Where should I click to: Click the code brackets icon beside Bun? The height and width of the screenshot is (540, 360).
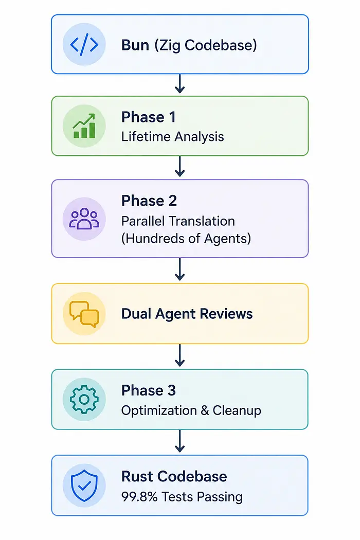[x=84, y=44]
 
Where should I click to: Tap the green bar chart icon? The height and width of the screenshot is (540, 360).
[x=84, y=126]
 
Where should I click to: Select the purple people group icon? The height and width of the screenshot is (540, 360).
[x=84, y=219]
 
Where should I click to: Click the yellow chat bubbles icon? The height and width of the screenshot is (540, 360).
[x=84, y=313]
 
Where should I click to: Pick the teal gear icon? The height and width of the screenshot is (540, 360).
[x=84, y=400]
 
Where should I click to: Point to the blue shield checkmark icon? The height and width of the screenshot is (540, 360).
[x=84, y=485]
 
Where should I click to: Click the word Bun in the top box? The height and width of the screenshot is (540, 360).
[x=135, y=45]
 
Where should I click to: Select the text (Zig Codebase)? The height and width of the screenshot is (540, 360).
[x=206, y=45]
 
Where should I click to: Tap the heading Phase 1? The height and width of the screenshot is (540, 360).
[x=149, y=117]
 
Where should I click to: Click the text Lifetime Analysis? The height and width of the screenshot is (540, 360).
[x=173, y=137]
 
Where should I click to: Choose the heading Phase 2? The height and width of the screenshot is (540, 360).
[x=149, y=201]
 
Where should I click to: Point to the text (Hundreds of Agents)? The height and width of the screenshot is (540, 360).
[x=186, y=238]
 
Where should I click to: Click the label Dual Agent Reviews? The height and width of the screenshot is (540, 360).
[x=187, y=314]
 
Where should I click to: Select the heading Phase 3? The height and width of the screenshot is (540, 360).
[x=149, y=390]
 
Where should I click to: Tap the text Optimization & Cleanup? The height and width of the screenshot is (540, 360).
[x=191, y=410]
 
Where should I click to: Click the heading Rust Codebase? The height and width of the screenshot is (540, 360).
[x=174, y=477]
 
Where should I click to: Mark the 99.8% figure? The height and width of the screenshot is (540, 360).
[x=139, y=497]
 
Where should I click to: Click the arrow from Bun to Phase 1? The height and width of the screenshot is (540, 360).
[x=180, y=83]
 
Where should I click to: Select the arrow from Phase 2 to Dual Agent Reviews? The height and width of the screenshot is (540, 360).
[x=180, y=269]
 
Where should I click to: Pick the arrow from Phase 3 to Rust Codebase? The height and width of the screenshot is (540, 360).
[x=180, y=441]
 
